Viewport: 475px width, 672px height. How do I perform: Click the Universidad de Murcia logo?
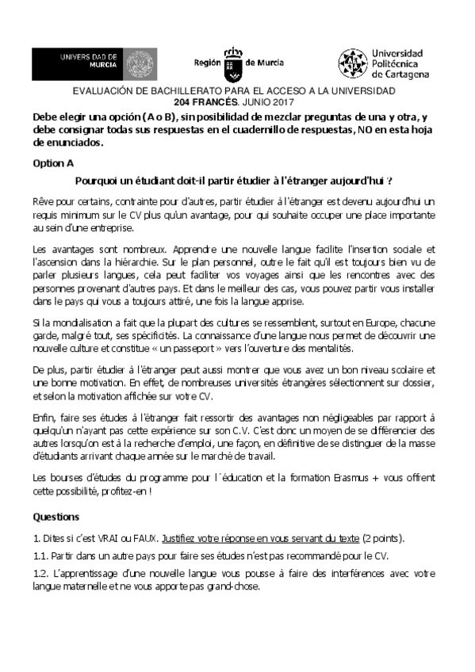[x=77, y=63]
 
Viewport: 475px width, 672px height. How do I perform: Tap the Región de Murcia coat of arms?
[x=232, y=63]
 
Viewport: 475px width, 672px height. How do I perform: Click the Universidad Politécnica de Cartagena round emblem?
[x=352, y=63]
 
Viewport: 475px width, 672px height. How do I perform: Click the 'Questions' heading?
[x=56, y=517]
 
